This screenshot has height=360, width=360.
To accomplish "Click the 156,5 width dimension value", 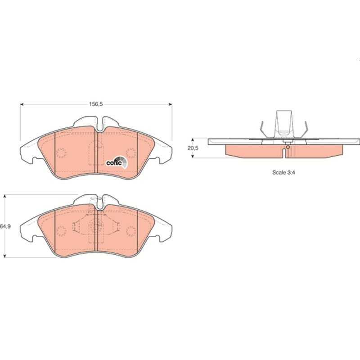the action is coord(96,104).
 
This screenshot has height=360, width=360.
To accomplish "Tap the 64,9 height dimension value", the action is coord(5,226).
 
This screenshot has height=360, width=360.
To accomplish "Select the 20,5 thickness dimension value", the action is coord(193,148).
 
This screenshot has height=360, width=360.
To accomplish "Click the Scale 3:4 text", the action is coord(283,172).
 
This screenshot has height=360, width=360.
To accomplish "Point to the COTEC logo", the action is coord(117,162).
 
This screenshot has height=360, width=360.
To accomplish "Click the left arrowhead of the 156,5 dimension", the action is coord(22,104).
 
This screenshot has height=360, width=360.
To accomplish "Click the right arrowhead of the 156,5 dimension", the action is coord(171,104).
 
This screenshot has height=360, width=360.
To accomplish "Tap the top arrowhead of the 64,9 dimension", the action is coord(5,196).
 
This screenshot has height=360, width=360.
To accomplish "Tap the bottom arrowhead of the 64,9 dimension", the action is coord(5,256).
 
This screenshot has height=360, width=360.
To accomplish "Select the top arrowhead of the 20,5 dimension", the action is coord(193,140).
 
